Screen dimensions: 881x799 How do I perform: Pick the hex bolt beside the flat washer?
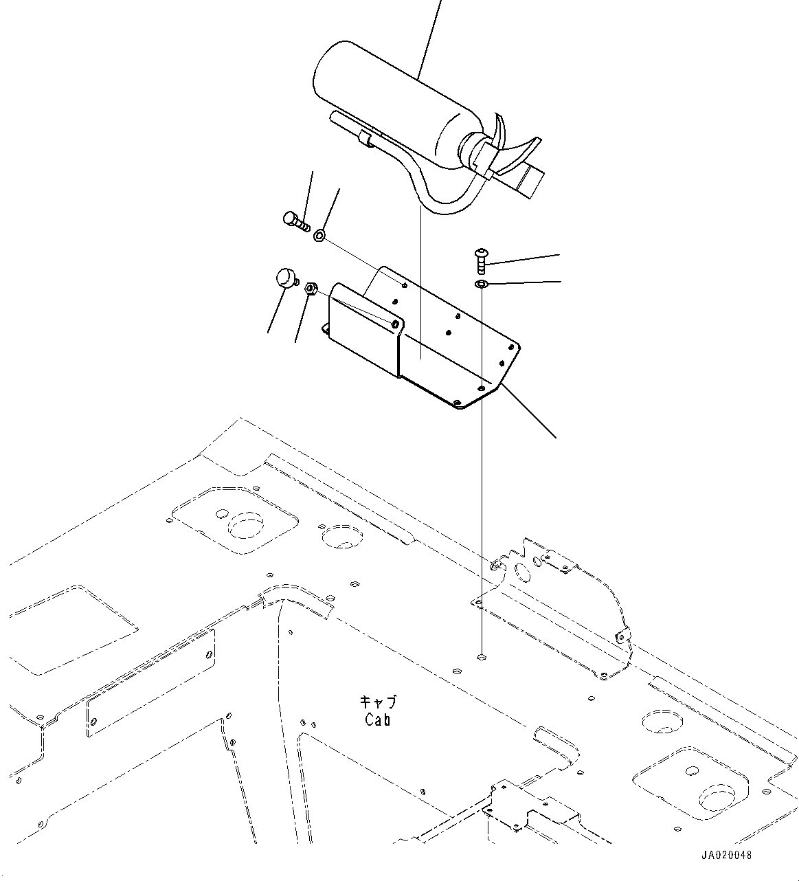tap(295, 221)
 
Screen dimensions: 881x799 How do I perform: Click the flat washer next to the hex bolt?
tap(319, 236)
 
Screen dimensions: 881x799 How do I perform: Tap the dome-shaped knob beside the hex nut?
tap(283, 278)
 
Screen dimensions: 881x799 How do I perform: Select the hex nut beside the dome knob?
tap(309, 287)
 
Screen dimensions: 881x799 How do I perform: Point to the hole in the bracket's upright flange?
tap(396, 323)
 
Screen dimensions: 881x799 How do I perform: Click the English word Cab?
tap(377, 720)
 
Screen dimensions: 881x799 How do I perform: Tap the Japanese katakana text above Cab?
tap(379, 703)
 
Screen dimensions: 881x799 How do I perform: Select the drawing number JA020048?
tap(727, 856)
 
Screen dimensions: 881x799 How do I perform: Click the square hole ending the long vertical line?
tap(482, 656)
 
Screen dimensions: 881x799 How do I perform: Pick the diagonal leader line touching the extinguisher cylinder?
tap(429, 34)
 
